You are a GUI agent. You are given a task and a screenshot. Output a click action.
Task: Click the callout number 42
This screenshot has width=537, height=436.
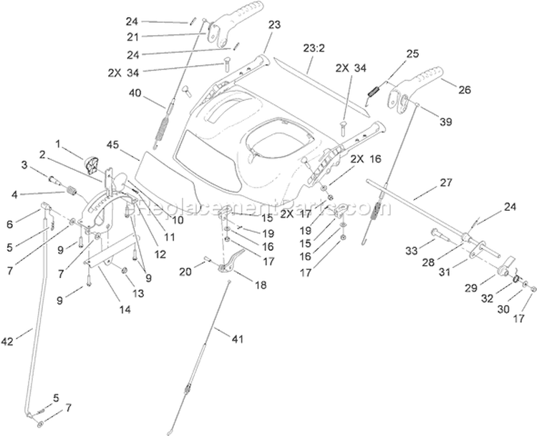tap(8, 341)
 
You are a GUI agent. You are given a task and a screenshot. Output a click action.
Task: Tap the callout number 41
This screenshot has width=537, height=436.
tap(237, 339)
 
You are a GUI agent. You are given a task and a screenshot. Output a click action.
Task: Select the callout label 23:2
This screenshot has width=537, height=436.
tap(314, 48)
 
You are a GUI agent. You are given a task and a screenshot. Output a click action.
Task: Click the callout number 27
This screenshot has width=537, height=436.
tap(446, 182)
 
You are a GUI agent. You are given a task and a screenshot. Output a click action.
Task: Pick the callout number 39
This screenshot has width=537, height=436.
tap(445, 122)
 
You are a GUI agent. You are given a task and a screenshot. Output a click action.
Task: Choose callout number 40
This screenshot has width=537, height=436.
tap(135, 93)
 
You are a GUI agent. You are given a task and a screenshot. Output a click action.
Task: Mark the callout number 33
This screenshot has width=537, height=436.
tap(411, 251)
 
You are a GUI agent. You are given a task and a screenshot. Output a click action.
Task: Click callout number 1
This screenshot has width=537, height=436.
tap(58, 144)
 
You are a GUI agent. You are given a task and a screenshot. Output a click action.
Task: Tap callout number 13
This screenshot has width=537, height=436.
tap(138, 293)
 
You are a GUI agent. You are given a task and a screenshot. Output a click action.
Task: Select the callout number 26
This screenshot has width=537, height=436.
tap(465, 89)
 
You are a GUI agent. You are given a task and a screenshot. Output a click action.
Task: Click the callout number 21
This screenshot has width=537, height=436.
tap(133, 37)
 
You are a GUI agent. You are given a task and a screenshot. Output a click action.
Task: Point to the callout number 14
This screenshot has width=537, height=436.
tap(125, 309)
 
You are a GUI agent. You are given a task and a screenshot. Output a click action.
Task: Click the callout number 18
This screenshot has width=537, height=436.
tap(261, 285)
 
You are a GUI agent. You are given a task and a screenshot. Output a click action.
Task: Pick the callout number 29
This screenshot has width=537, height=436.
tap(471, 288)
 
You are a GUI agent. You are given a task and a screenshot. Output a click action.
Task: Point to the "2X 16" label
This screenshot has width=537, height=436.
tap(366, 159)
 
